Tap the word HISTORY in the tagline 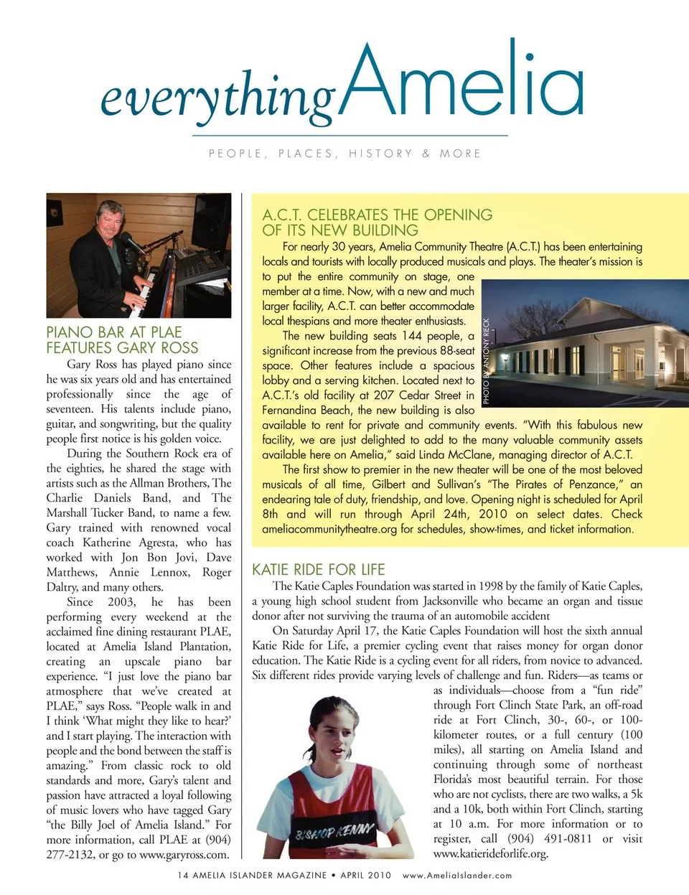(x=380, y=154)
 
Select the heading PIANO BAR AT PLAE (x=114, y=332)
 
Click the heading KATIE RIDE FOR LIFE (x=319, y=570)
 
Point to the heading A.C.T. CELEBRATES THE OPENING (x=378, y=215)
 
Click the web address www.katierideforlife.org (x=490, y=854)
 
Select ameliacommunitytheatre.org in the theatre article (x=329, y=530)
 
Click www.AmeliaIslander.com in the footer (x=457, y=876)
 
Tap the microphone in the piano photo (x=130, y=242)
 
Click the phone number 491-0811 (x=568, y=839)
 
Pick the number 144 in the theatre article (x=412, y=336)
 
